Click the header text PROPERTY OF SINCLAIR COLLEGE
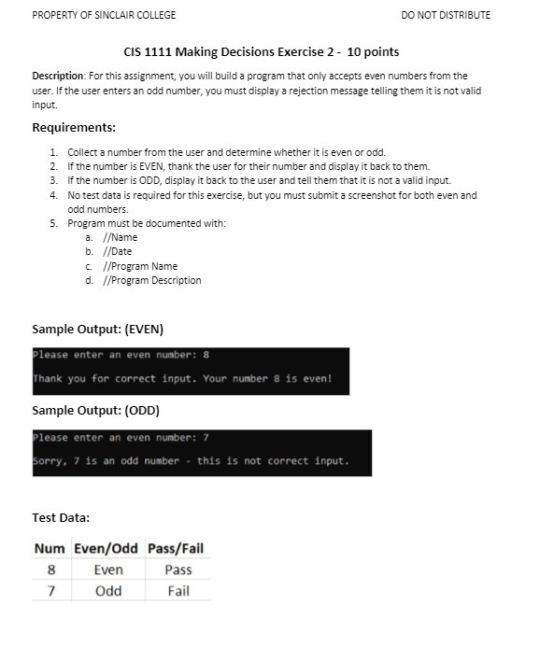pyautogui.click(x=104, y=15)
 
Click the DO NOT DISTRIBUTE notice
pyautogui.click(x=445, y=15)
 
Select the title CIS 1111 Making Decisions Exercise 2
pyautogui.click(x=262, y=51)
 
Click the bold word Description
pyautogui.click(x=58, y=76)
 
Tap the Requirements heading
pyautogui.click(x=74, y=128)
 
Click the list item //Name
pyautogui.click(x=120, y=238)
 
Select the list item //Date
pyautogui.click(x=117, y=252)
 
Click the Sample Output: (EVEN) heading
pyautogui.click(x=97, y=330)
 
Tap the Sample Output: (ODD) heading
pyautogui.click(x=95, y=411)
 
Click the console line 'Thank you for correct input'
pyautogui.click(x=182, y=379)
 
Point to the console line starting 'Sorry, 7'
pyautogui.click(x=191, y=460)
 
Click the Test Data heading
pyautogui.click(x=61, y=517)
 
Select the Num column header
pyautogui.click(x=50, y=548)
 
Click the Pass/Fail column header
pyautogui.click(x=178, y=548)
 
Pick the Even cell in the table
pyautogui.click(x=108, y=570)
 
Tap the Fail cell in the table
pyautogui.click(x=178, y=591)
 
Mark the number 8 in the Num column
pyautogui.click(x=50, y=570)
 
